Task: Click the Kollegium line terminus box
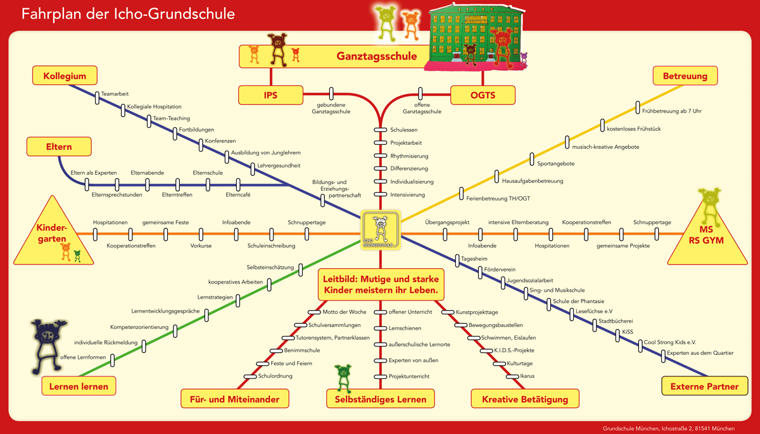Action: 65,76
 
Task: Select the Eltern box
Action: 58,147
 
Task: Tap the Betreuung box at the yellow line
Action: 685,77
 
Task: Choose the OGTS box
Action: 483,95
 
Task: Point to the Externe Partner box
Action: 704,386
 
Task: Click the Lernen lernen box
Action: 79,386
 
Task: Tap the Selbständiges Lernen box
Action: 380,399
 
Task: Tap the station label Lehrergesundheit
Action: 279,165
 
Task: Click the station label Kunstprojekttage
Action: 477,312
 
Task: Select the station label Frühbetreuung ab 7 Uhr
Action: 671,111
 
